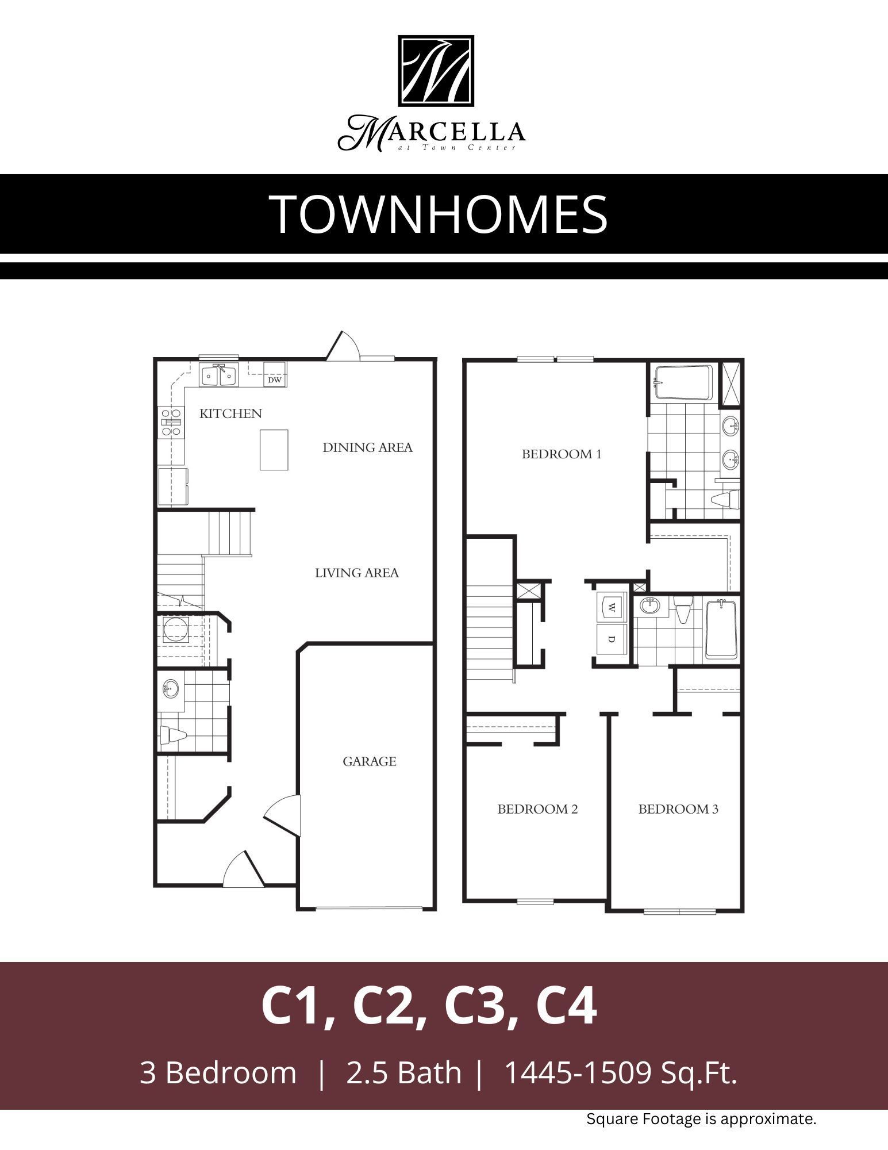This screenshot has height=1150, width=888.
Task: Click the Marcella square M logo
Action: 436,71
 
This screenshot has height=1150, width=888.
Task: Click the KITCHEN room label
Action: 230,413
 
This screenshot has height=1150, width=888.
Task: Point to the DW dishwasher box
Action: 275,379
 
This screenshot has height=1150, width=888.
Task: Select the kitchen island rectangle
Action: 274,450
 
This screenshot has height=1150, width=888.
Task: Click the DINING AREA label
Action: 367,447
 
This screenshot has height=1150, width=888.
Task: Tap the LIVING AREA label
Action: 356,573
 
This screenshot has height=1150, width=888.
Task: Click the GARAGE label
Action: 370,761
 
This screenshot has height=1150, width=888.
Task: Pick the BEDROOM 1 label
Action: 561,454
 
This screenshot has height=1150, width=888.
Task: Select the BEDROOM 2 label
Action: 537,809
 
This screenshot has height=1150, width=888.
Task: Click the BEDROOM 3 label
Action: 678,809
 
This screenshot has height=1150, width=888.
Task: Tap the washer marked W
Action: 611,607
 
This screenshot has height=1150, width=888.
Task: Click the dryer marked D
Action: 611,639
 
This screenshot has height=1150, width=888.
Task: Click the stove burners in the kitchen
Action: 171,423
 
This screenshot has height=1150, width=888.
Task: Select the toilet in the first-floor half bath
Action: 174,735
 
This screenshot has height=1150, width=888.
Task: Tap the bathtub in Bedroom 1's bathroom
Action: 683,382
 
